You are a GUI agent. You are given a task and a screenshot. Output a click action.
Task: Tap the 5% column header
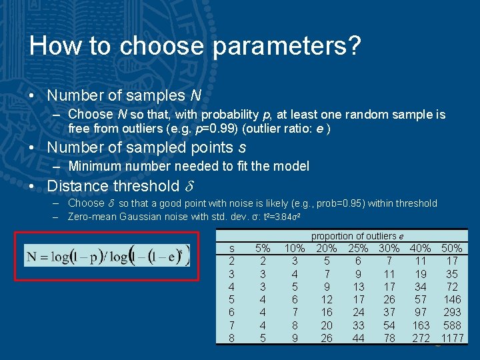coord(263,249)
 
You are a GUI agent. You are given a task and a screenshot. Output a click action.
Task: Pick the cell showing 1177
coord(453,337)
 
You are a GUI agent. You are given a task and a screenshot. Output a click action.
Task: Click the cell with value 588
coord(453,325)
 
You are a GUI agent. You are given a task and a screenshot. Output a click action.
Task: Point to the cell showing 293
coord(453,312)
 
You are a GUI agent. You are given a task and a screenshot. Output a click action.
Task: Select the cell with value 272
coord(421,337)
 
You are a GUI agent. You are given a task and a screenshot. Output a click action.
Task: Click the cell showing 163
coord(421,325)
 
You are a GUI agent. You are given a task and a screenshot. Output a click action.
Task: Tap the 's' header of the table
coord(231,249)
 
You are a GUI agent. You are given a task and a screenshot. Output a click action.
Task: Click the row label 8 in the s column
coord(231,337)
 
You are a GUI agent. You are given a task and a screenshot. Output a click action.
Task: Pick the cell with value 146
coord(453,299)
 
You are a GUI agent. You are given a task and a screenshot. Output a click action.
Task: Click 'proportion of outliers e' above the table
coord(357,236)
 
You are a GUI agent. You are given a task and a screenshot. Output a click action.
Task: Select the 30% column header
coord(389,249)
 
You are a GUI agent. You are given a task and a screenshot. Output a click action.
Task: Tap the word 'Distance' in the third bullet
coord(77,186)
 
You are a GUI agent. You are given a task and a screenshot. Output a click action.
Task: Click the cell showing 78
coord(389,337)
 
